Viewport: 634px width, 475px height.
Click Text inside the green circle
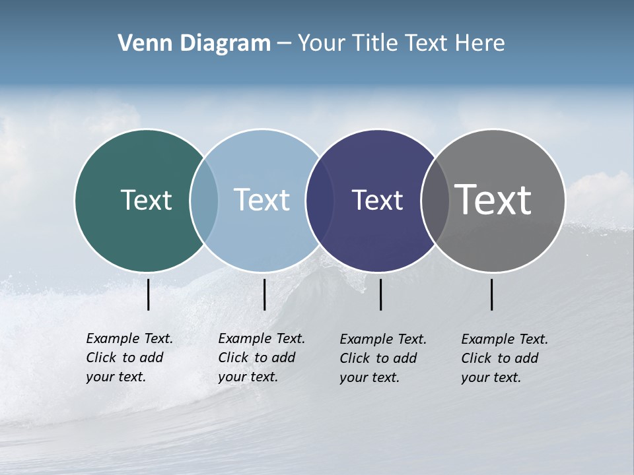(146, 200)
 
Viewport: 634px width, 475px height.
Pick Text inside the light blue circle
(262, 200)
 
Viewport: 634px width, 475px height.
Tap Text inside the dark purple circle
(377, 200)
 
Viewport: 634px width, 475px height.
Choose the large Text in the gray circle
(493, 200)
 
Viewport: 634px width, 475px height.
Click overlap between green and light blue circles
(204, 200)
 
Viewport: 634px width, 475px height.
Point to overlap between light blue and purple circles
(320, 200)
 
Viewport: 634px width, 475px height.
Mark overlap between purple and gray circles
(435, 200)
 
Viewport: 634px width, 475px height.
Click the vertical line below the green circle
(148, 294)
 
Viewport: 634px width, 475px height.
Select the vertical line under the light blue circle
(264, 294)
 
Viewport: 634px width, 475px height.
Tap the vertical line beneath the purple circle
(380, 294)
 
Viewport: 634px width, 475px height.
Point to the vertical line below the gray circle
(491, 294)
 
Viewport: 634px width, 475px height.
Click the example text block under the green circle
(129, 358)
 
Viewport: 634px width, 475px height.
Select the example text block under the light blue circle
(261, 358)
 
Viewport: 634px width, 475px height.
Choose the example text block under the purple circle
(382, 358)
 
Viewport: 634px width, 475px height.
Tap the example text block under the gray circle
(504, 358)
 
